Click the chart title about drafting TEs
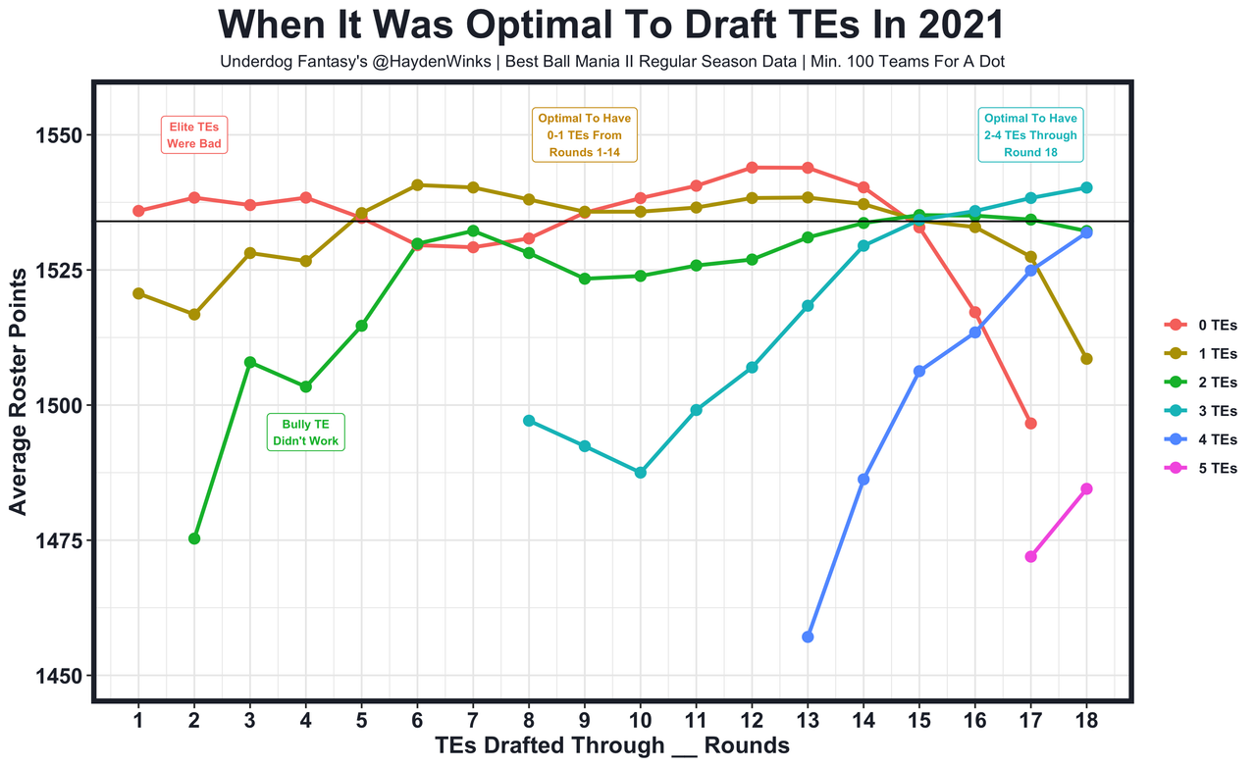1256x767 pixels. point(612,26)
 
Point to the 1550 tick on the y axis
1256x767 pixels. point(61,135)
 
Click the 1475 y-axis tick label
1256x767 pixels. point(61,540)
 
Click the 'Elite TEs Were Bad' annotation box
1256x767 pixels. point(194,135)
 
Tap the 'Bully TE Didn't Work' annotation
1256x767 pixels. point(305,433)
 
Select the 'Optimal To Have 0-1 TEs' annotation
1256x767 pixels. point(585,135)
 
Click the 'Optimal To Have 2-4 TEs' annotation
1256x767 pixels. point(1030,135)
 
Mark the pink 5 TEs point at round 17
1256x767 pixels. point(1030,556)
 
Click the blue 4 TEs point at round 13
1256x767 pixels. point(808,637)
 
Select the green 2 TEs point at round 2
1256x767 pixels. point(194,538)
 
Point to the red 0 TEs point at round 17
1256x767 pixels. point(1030,424)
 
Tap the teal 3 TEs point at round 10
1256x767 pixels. point(641,473)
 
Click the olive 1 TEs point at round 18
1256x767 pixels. point(1086,359)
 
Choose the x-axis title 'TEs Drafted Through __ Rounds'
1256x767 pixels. point(612,746)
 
